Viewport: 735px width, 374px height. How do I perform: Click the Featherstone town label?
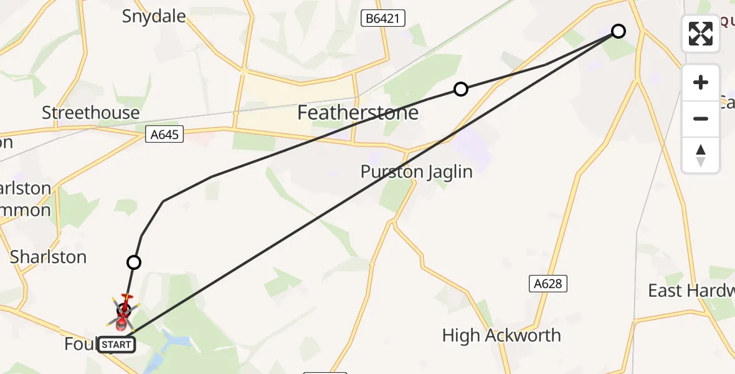pyautogui.click(x=358, y=113)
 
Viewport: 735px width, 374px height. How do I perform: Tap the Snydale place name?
pyautogui.click(x=154, y=16)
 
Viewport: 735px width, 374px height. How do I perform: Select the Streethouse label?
pyautogui.click(x=90, y=113)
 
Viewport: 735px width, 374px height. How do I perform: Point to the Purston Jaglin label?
pyautogui.click(x=416, y=171)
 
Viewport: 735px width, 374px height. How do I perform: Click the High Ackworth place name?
pyautogui.click(x=501, y=335)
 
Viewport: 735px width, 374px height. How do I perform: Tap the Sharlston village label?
pyautogui.click(x=48, y=257)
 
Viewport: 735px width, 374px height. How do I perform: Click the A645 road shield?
pyautogui.click(x=164, y=133)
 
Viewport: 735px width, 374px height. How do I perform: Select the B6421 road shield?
pyautogui.click(x=383, y=19)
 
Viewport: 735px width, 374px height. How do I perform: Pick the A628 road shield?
pyautogui.click(x=548, y=284)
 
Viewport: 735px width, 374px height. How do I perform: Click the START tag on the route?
pyautogui.click(x=116, y=345)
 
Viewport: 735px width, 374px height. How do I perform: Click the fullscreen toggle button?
pyautogui.click(x=701, y=34)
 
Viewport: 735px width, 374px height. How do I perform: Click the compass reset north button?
pyautogui.click(x=701, y=155)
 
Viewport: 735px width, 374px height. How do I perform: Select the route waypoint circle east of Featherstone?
pyautogui.click(x=460, y=89)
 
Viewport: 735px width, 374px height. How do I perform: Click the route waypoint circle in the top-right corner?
pyautogui.click(x=618, y=31)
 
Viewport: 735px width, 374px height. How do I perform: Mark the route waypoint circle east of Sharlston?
pyautogui.click(x=133, y=262)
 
